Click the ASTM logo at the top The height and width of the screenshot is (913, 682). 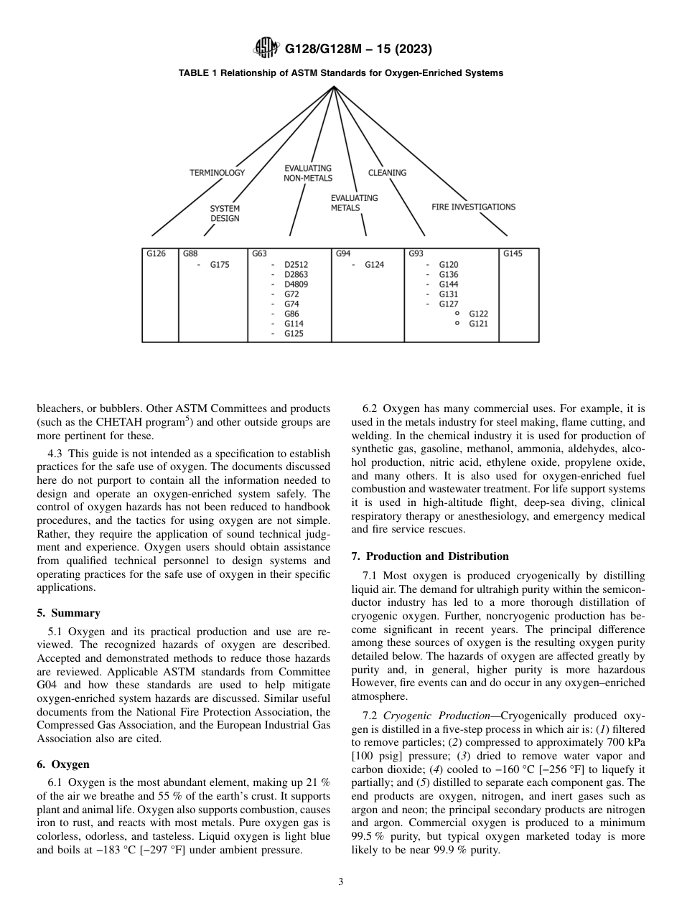(267, 49)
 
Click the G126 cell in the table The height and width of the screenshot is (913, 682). (156, 253)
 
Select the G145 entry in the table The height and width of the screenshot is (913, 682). (513, 253)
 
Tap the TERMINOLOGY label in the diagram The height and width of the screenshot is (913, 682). (217, 173)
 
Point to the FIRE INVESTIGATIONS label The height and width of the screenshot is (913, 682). (473, 207)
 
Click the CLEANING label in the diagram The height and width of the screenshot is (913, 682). (387, 173)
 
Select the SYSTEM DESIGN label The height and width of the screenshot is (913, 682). (225, 213)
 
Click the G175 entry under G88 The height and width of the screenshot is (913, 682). (220, 265)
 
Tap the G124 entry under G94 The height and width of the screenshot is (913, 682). (374, 265)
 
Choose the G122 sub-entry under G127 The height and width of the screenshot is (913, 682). (478, 314)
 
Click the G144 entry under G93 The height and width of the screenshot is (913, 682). (448, 285)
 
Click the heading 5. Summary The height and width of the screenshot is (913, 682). (68, 613)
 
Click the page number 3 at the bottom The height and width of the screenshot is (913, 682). (340, 882)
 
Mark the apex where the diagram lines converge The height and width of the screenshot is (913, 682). (335, 87)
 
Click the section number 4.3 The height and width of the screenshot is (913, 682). (55, 454)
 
